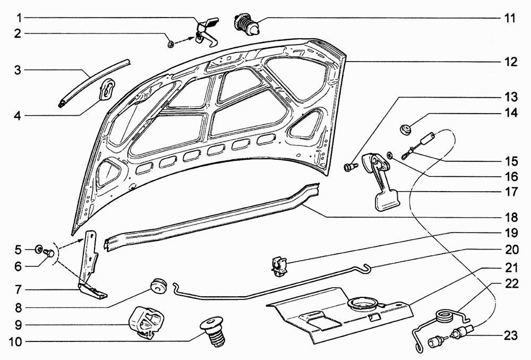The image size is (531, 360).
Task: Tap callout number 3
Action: pos(18,70)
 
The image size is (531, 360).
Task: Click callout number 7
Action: pos(18,290)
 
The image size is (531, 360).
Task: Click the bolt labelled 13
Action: pos(348,167)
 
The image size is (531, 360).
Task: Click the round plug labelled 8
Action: pos(158,285)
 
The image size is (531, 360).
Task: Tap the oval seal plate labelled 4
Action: pos(107,89)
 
